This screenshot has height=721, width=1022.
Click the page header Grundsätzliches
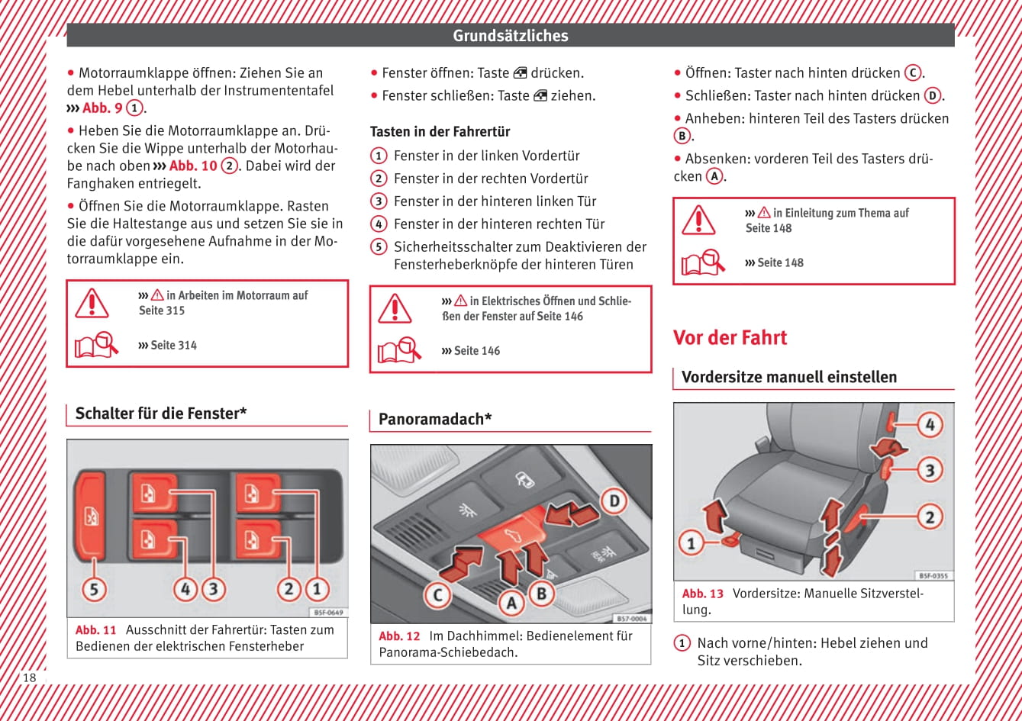[x=510, y=36]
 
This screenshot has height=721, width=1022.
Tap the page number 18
[x=29, y=678]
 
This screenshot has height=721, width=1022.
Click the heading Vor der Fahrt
[x=730, y=338]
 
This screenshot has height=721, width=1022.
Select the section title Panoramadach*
[x=435, y=419]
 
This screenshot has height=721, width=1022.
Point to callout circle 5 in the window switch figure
[x=94, y=589]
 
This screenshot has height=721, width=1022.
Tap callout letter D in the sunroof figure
[x=614, y=501]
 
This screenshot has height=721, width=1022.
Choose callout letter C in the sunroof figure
[x=437, y=594]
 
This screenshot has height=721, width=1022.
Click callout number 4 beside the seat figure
[x=929, y=424]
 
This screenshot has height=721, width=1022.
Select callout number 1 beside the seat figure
[x=692, y=543]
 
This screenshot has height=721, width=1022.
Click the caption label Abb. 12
[x=399, y=636]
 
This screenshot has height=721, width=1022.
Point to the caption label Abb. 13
[x=702, y=594]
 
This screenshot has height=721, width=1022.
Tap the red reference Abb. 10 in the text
[x=193, y=166]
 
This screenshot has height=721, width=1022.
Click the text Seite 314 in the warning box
[x=173, y=345]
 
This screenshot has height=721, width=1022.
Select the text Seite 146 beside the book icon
[x=477, y=351]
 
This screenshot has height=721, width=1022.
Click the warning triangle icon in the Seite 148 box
[x=698, y=220]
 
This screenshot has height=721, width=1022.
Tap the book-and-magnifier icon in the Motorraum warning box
[x=96, y=345]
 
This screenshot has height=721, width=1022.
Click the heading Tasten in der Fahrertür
[x=440, y=131]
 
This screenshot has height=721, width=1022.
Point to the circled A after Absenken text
[x=714, y=176]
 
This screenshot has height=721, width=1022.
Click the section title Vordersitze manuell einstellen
[x=788, y=377]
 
